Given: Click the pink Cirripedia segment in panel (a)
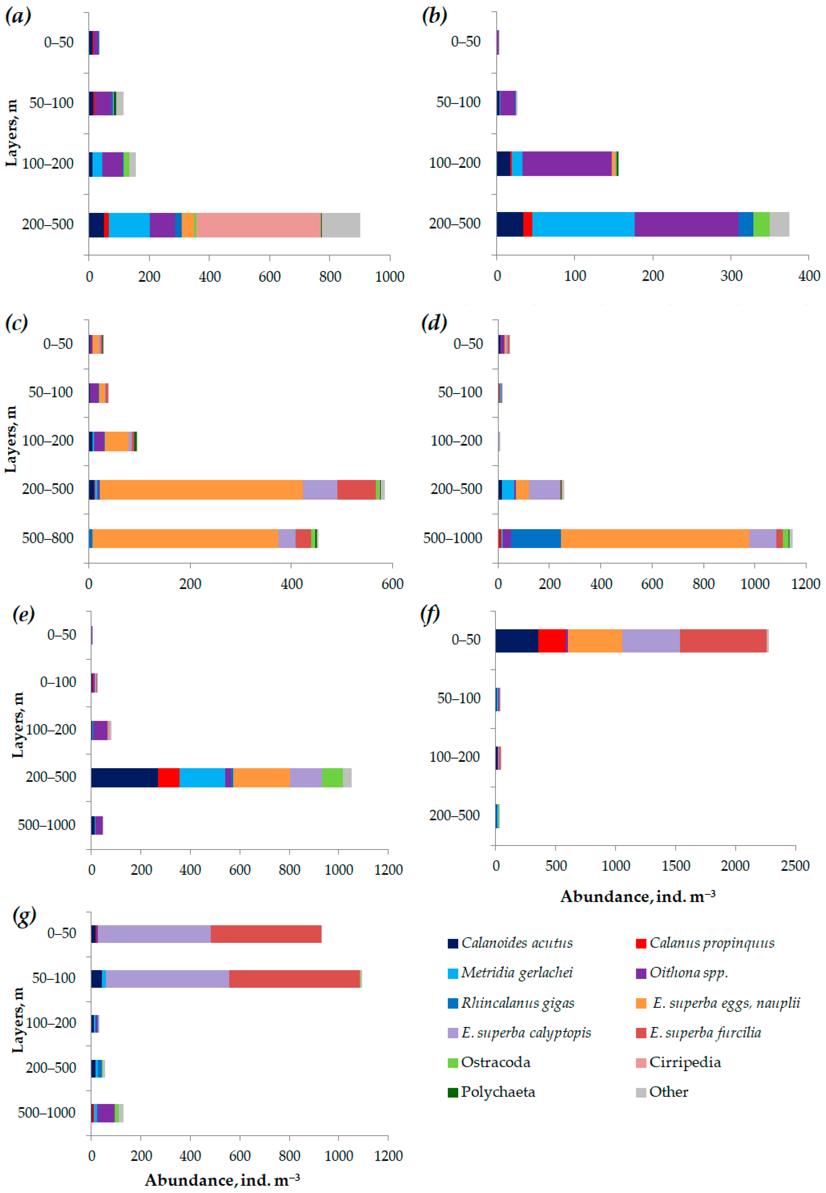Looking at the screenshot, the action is [x=258, y=225].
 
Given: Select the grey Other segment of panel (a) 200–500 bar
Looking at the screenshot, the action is [x=341, y=225].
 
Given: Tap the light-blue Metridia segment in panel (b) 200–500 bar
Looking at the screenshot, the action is [x=583, y=224].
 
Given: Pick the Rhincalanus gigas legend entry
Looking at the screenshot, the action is [x=511, y=1003].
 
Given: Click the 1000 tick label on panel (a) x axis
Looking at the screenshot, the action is [x=390, y=277].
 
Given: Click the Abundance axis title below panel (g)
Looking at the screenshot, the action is [x=222, y=1180].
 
